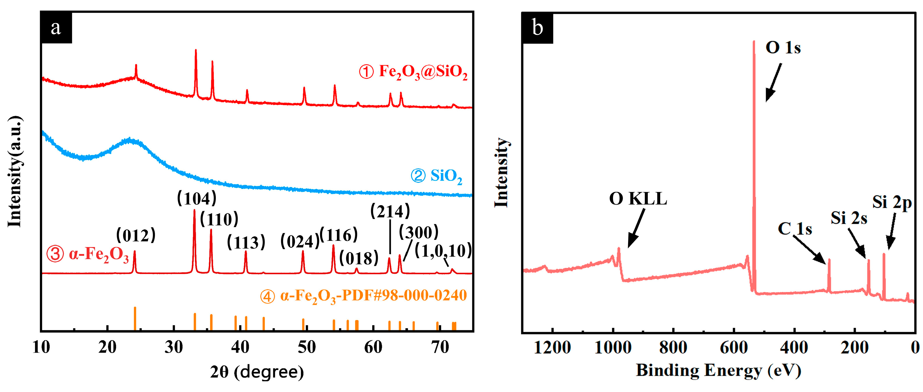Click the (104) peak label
(197, 198)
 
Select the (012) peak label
(136, 236)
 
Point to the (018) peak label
(359, 258)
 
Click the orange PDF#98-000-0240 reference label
(363, 296)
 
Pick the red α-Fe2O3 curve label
(88, 254)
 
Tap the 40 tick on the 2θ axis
(240, 347)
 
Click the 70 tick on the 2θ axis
(440, 347)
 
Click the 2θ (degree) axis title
(257, 372)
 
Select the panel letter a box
(56, 28)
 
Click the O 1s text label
(783, 48)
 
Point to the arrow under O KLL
(636, 229)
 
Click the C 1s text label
(795, 229)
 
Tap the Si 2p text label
(892, 203)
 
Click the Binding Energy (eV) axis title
(718, 371)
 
